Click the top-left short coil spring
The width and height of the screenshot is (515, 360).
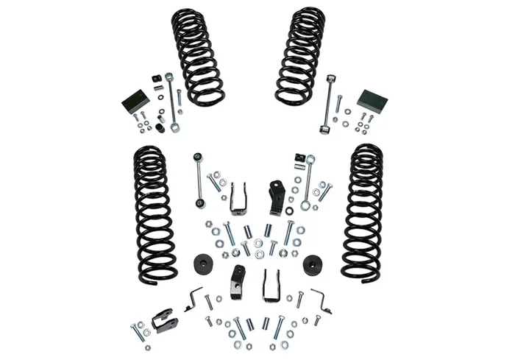click(x=196, y=56)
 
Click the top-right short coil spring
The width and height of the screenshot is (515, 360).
click(x=300, y=56)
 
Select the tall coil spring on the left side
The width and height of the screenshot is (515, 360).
click(x=154, y=213)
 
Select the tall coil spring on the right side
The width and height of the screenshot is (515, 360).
click(x=363, y=212)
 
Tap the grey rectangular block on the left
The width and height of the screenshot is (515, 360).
click(x=135, y=101)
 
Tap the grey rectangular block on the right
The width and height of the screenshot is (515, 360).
click(x=372, y=101)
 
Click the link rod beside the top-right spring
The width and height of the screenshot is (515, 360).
click(x=329, y=103)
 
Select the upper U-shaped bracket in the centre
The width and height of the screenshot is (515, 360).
click(x=238, y=198)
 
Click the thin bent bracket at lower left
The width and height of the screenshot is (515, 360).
click(x=193, y=300)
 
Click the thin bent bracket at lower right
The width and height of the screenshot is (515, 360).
click(x=321, y=299)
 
